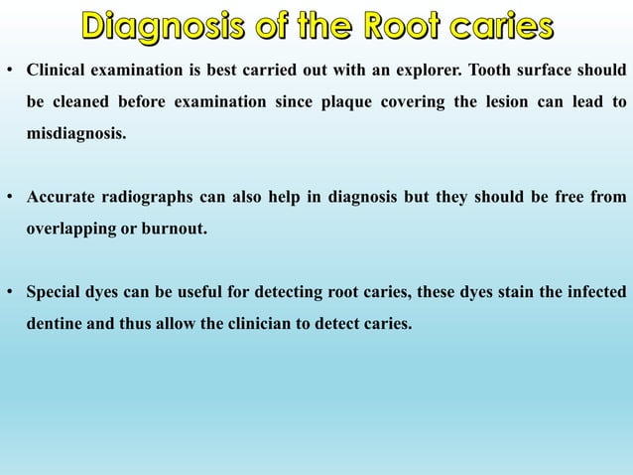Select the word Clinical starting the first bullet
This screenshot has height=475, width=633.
(58, 71)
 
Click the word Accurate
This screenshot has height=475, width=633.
(61, 197)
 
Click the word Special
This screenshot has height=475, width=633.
(55, 292)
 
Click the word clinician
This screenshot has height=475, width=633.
(296, 324)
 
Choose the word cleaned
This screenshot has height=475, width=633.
(76, 101)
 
